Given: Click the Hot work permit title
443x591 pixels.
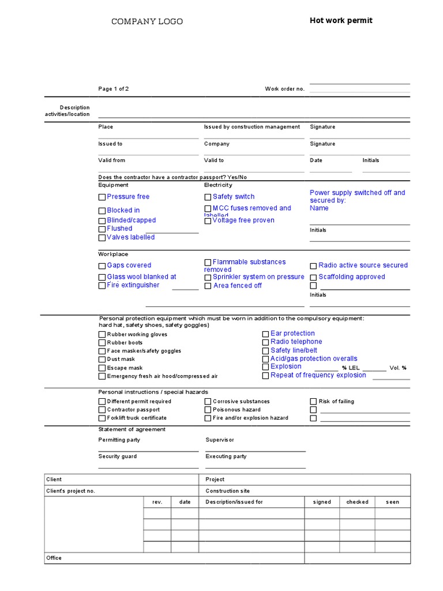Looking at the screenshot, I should [x=341, y=21].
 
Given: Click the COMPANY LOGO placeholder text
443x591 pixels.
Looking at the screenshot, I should [x=147, y=21].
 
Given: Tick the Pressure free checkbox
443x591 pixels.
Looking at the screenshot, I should [x=102, y=197].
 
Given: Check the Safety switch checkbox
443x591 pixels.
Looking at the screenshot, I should [x=208, y=197].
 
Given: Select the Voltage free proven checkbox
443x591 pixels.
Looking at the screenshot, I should [x=208, y=220].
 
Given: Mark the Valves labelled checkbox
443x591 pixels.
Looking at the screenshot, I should [x=102, y=238].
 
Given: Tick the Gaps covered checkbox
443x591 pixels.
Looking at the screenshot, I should [x=102, y=266].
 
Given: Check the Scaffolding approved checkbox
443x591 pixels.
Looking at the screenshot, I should [x=313, y=278].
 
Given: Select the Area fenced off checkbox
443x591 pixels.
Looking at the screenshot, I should [x=208, y=286].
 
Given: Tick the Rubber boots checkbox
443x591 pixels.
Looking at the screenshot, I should [x=102, y=343].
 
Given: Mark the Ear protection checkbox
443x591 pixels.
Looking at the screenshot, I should [x=265, y=334].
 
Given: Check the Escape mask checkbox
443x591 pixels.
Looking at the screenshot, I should [x=102, y=368].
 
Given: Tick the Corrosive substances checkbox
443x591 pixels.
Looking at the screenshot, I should [x=208, y=402].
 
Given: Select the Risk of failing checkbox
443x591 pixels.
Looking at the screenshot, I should [x=313, y=402].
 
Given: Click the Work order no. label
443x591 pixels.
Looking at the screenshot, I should [x=284, y=89].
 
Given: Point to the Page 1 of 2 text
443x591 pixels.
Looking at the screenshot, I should [x=114, y=89].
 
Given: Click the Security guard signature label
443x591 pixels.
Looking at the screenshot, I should [x=118, y=457].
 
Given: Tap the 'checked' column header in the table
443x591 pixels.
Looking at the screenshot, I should [x=357, y=502].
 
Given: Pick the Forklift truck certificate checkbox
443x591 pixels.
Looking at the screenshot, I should [x=102, y=418].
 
